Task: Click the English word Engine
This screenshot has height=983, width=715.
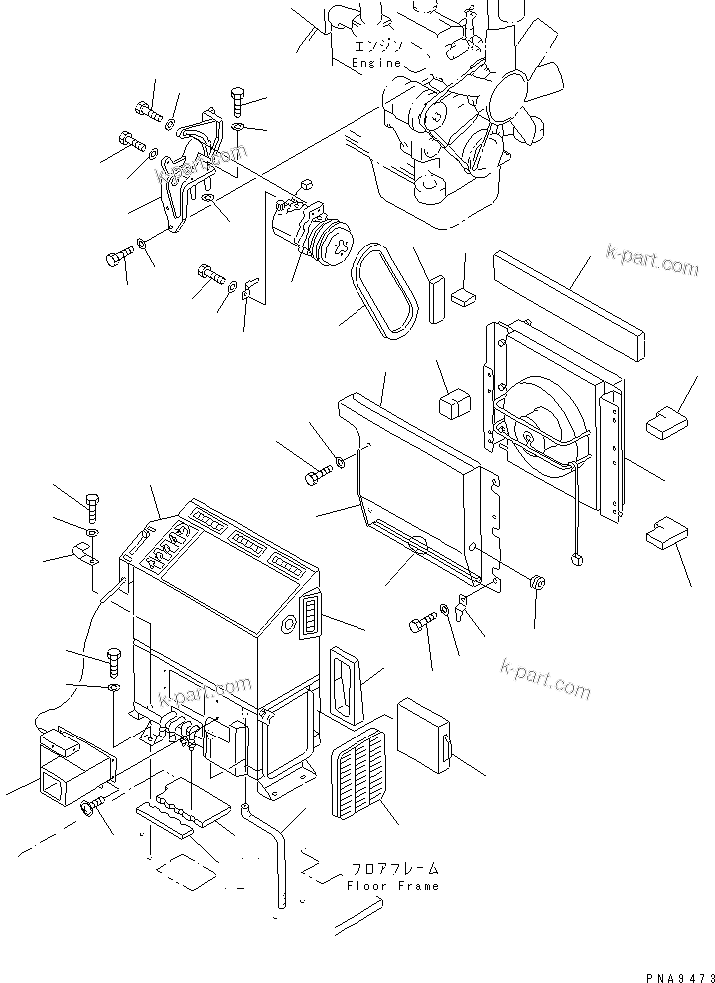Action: coord(376,63)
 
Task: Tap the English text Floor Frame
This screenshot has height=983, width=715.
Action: coord(393,886)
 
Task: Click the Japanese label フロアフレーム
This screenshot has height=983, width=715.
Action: coord(394,869)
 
